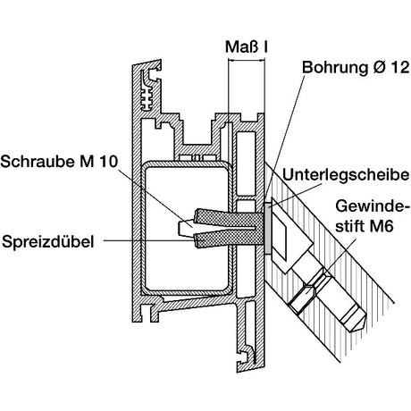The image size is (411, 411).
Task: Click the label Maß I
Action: (x=246, y=47)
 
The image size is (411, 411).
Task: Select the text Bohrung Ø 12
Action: (x=356, y=68)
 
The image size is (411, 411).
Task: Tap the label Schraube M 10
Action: (x=59, y=162)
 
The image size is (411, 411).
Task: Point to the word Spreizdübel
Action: (x=47, y=241)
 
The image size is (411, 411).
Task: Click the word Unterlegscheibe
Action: (x=346, y=175)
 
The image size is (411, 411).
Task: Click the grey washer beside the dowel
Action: (x=267, y=229)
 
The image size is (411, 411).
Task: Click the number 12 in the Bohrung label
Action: (x=400, y=68)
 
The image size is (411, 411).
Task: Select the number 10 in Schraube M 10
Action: (x=108, y=162)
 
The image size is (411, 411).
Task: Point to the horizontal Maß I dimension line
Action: (x=247, y=61)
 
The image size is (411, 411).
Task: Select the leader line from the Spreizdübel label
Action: (x=150, y=240)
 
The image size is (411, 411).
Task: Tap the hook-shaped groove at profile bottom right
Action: (x=247, y=357)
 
